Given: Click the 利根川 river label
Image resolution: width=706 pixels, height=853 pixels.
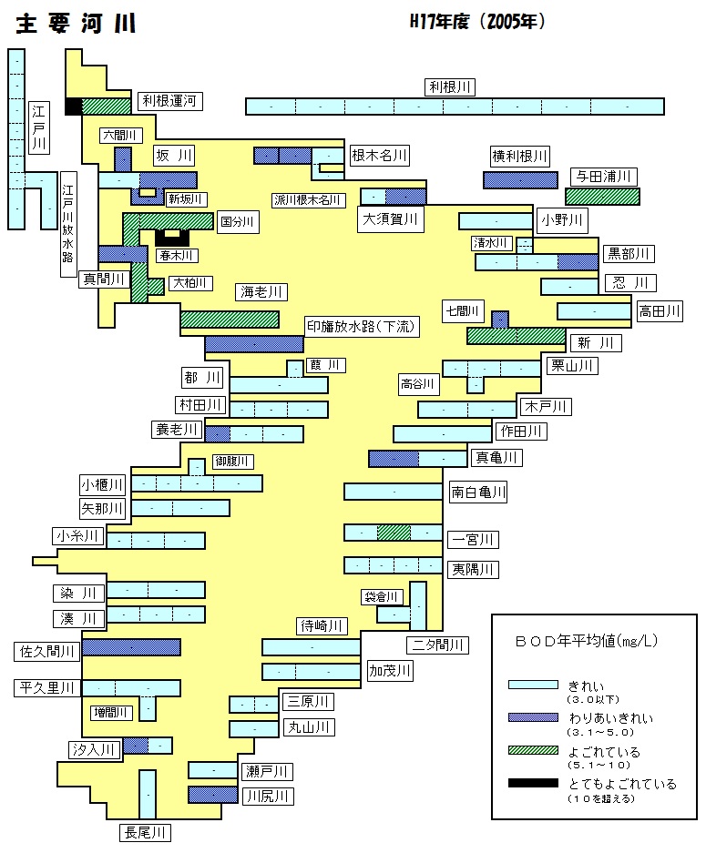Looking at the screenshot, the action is (x=450, y=87).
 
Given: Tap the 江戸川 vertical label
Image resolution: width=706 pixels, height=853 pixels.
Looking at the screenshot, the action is (x=38, y=127).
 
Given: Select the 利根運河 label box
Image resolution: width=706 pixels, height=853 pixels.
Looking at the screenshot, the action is (x=169, y=101).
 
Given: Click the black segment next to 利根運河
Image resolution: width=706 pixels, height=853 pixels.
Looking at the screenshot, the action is (x=74, y=107).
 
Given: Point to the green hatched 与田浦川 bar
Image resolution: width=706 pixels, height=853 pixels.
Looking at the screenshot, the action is (x=602, y=197).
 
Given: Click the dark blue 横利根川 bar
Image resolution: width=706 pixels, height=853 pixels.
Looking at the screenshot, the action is (x=520, y=180).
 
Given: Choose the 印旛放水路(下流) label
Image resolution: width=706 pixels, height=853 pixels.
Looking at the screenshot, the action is (x=362, y=327).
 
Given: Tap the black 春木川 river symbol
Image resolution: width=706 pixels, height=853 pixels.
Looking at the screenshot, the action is (x=172, y=238).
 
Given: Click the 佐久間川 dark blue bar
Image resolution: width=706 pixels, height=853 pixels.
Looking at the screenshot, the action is (x=131, y=647).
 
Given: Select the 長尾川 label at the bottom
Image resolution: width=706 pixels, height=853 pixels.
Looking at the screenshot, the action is (x=145, y=832).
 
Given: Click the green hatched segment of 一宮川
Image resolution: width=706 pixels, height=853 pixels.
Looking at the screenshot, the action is (x=394, y=533).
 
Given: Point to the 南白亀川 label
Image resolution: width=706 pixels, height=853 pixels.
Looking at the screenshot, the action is (x=478, y=493).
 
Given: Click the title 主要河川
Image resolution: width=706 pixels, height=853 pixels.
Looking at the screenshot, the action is (x=76, y=24).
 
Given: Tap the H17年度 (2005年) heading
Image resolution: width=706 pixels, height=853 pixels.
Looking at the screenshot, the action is (x=477, y=22).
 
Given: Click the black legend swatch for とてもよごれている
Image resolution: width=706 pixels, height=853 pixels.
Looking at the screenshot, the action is (x=533, y=784).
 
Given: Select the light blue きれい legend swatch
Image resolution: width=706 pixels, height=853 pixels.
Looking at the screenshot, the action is (x=533, y=685).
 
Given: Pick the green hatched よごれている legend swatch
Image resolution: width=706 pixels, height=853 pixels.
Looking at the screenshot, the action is (x=533, y=750).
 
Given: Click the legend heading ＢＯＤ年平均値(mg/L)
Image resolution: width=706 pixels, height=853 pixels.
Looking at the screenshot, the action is (x=587, y=641).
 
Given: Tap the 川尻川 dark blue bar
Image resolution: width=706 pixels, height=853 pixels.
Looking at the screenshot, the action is (x=213, y=795).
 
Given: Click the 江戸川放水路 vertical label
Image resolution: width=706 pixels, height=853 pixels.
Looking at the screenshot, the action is (x=68, y=224).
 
